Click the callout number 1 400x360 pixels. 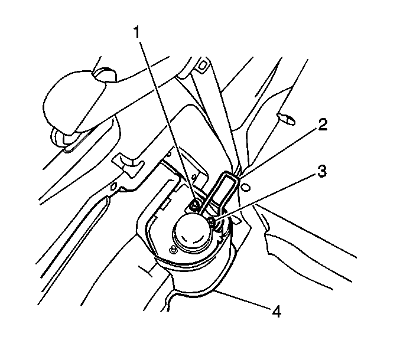(137, 32)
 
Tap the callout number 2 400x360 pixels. (323, 125)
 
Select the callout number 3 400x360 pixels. (322, 171)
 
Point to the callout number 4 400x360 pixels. (277, 312)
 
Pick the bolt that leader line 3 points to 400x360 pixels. (212, 221)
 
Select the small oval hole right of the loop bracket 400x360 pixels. (246, 187)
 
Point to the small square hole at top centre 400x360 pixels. (202, 66)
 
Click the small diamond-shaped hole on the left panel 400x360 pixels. (114, 186)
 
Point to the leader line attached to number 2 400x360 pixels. (278, 153)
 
